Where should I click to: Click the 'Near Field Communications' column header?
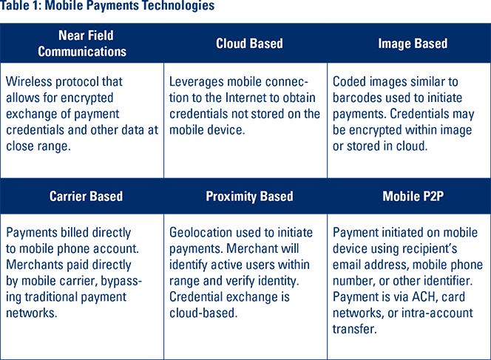click(x=82, y=44)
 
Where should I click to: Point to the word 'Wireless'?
click(x=30, y=81)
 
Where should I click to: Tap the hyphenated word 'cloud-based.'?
click(x=203, y=313)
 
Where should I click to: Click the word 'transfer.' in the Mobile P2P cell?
click(x=354, y=329)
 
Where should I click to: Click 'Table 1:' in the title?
click(x=21, y=5)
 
